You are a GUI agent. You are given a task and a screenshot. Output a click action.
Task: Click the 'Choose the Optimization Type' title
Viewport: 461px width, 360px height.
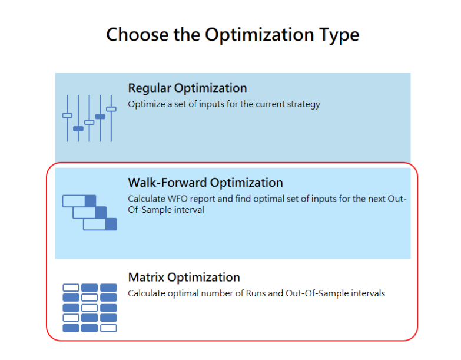pyautogui.click(x=233, y=35)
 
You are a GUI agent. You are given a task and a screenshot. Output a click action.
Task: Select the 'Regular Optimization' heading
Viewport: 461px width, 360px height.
pyautogui.click(x=187, y=88)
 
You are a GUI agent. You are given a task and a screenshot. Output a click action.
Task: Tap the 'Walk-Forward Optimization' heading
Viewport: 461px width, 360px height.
pyautogui.click(x=205, y=183)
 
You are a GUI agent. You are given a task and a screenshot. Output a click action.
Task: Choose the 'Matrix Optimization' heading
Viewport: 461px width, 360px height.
pyautogui.click(x=184, y=278)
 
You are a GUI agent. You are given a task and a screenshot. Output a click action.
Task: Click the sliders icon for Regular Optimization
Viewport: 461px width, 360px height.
pyautogui.click(x=89, y=118)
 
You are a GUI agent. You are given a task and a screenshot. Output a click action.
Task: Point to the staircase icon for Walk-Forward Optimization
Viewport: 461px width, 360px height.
pyautogui.click(x=89, y=212)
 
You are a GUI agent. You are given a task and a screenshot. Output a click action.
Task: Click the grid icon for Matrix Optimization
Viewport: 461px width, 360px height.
pyautogui.click(x=89, y=308)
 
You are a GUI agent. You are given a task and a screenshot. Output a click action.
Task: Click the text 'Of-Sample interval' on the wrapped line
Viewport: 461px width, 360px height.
pyautogui.click(x=166, y=210)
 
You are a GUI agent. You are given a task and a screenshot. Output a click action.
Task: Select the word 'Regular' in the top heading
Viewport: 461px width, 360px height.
pyautogui.click(x=150, y=88)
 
